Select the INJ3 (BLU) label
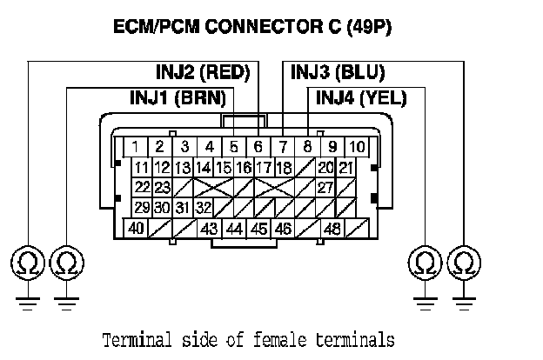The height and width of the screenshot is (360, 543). (338, 72)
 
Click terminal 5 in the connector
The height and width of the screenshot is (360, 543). (234, 146)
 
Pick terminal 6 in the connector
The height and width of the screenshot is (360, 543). (258, 146)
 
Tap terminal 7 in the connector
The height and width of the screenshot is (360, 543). (283, 146)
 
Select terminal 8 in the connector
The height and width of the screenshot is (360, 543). (308, 146)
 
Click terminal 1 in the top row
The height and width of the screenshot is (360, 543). (136, 146)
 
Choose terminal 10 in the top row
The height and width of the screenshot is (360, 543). (358, 146)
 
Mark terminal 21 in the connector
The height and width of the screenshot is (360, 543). (345, 167)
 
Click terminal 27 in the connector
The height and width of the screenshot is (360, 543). (325, 187)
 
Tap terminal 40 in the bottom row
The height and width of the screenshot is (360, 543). (136, 228)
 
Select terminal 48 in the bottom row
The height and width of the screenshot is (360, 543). (332, 228)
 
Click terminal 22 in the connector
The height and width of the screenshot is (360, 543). (141, 187)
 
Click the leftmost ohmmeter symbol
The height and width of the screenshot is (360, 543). (29, 262)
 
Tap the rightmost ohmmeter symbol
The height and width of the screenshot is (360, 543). (464, 262)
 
